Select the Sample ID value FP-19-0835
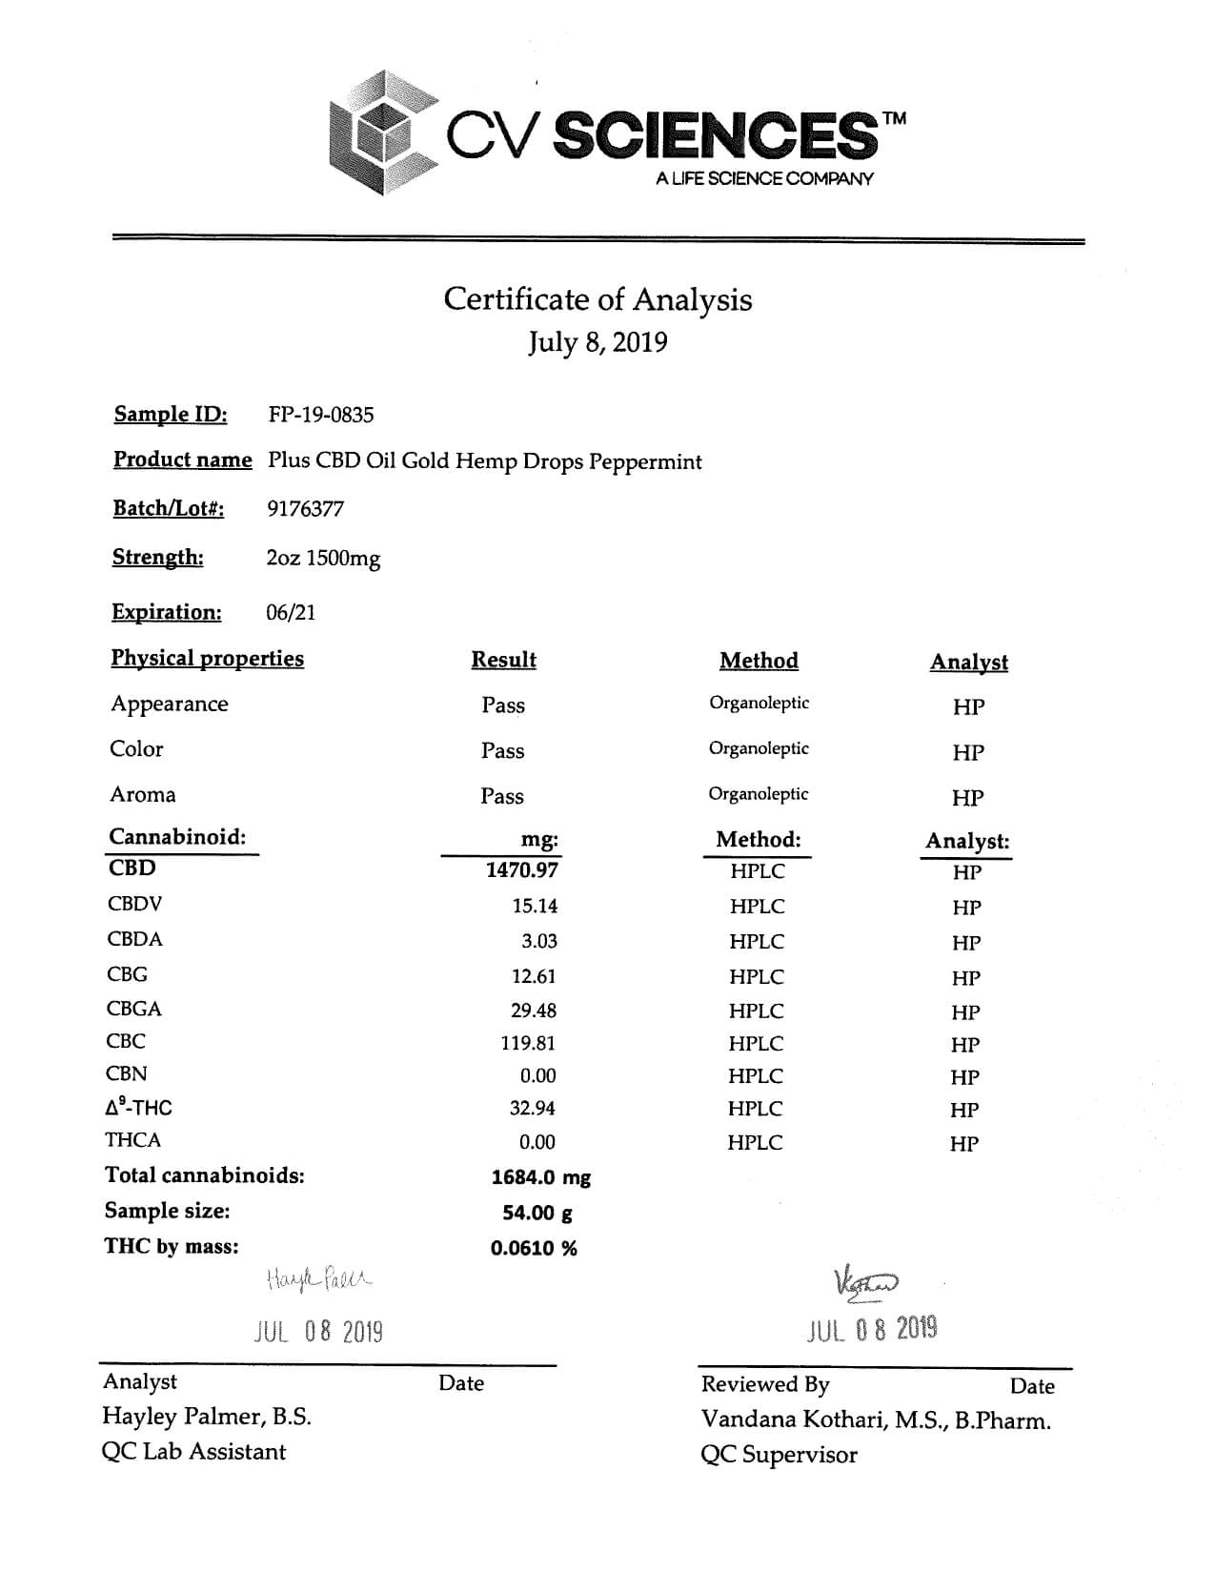(321, 415)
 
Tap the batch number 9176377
(305, 509)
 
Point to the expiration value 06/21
(291, 612)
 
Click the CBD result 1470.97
(521, 869)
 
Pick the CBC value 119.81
(528, 1043)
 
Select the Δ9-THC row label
(139, 1108)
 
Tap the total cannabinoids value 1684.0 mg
(540, 1177)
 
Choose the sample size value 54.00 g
(537, 1213)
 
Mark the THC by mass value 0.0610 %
(534, 1248)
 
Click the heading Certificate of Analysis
(597, 299)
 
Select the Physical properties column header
(207, 659)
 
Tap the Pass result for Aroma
(502, 796)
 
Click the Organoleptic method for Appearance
(759, 704)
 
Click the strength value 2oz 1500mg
(323, 558)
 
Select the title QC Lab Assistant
(193, 1451)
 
